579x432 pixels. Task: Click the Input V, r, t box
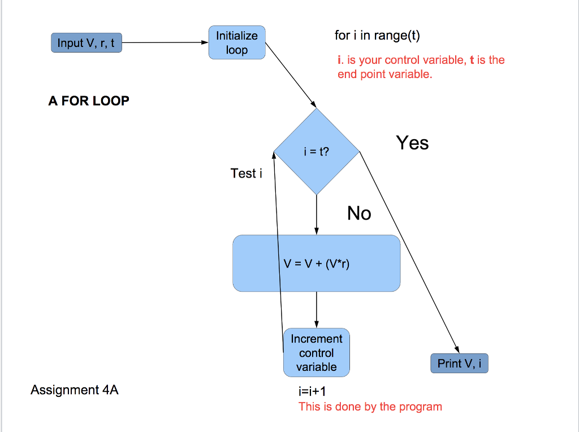pos(87,42)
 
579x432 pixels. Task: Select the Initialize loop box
pos(236,42)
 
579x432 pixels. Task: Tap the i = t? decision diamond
pos(316,152)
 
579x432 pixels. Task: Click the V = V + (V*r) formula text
pos(317,263)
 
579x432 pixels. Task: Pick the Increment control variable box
pos(316,353)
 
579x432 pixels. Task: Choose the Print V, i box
pos(459,363)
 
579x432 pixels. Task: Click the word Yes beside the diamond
pos(412,142)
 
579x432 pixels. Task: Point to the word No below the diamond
pos(359,213)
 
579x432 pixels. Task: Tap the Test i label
pos(247,174)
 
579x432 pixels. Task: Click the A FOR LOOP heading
pos(89,101)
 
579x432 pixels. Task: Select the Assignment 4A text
pos(75,390)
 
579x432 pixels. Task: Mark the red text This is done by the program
pos(370,407)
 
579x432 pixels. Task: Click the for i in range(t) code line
pos(377,36)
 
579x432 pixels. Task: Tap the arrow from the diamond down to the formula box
pos(316,214)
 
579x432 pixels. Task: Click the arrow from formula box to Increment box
pos(316,310)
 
